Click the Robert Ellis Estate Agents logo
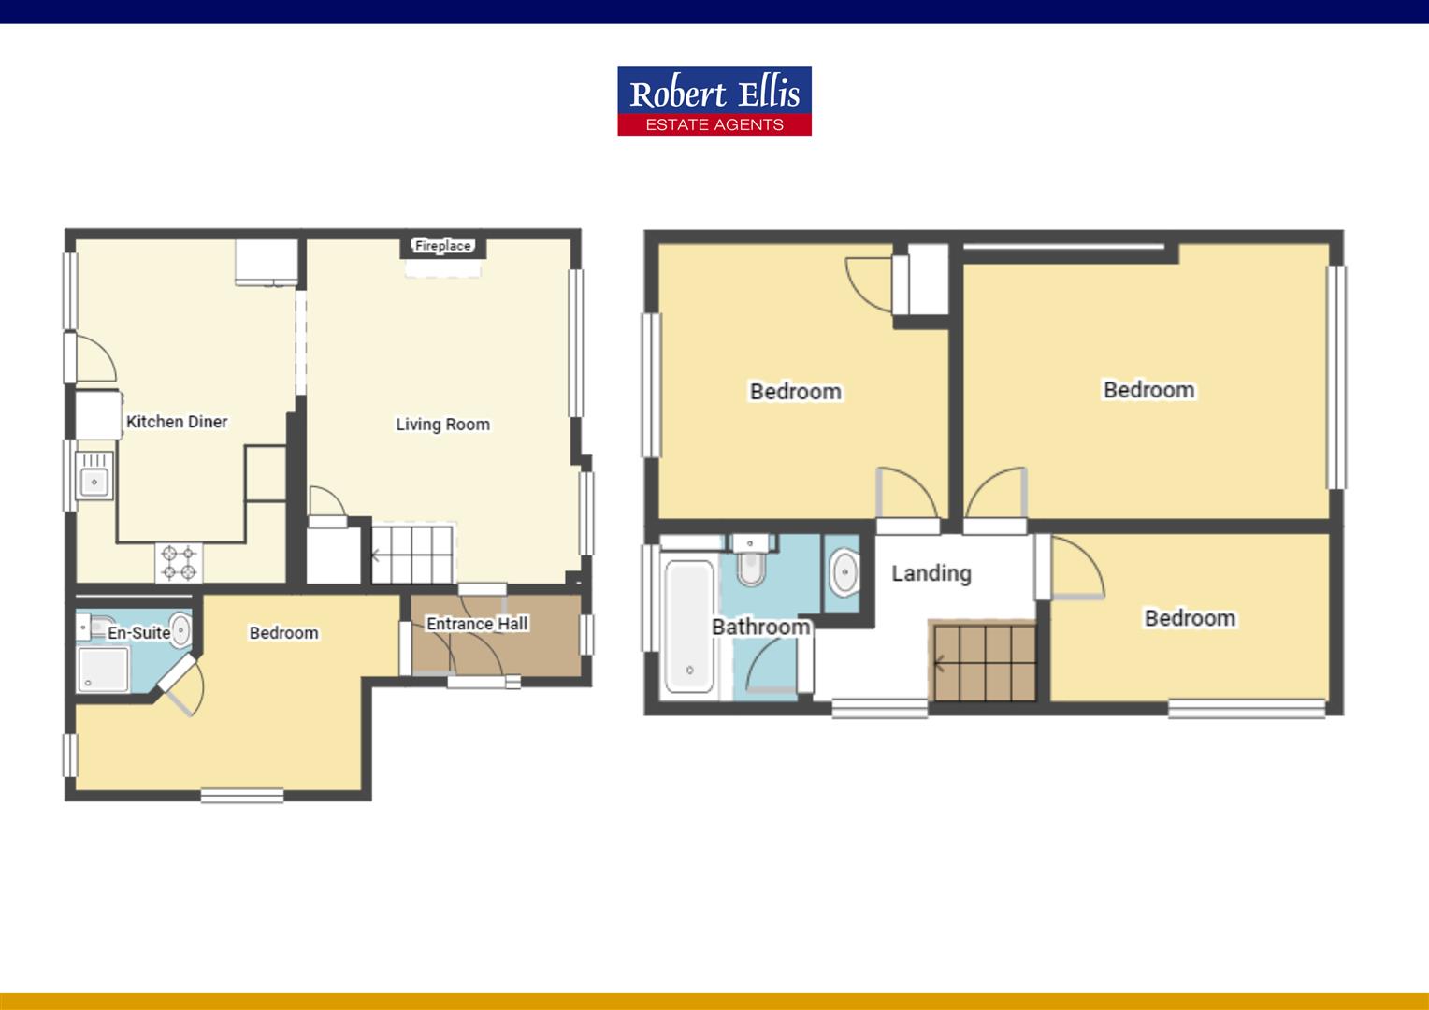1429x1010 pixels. [714, 101]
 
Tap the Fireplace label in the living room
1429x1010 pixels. [443, 246]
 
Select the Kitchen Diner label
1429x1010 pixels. [177, 422]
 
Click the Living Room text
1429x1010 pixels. [442, 425]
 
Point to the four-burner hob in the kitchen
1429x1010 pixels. [179, 563]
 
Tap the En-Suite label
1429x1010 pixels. [138, 633]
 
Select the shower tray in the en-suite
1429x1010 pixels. [103, 670]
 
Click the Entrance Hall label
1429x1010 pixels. [477, 624]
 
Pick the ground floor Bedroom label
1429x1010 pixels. [283, 633]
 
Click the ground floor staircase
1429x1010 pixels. [412, 554]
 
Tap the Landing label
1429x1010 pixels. [931, 573]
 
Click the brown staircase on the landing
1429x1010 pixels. [983, 662]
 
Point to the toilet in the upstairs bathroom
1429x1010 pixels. [751, 562]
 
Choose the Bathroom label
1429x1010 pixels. [760, 627]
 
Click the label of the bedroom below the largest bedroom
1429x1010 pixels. [1190, 618]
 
